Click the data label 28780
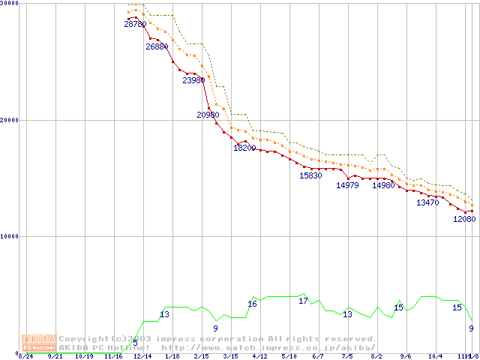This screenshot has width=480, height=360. point(135,25)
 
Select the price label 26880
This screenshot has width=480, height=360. point(157,46)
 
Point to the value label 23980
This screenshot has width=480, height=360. point(193,80)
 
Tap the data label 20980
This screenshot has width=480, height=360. point(208,115)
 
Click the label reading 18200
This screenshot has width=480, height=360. point(244,148)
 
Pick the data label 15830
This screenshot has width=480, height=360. point(310,175)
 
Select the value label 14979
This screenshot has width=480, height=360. point(347,185)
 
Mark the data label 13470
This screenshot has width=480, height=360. point(427,202)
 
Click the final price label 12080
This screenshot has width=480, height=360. point(464,219)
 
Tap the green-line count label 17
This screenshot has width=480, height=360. point(303,301)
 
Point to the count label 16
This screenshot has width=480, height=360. point(252,304)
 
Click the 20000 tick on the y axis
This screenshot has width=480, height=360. point(9,120)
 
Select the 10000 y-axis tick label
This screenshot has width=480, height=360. point(9,236)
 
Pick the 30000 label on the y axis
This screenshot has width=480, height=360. point(9,4)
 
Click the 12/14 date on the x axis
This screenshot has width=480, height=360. point(142,356)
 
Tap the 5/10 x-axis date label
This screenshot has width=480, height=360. point(289,356)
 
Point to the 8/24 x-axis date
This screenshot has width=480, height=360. point(25,356)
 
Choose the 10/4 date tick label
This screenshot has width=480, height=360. point(436,356)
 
